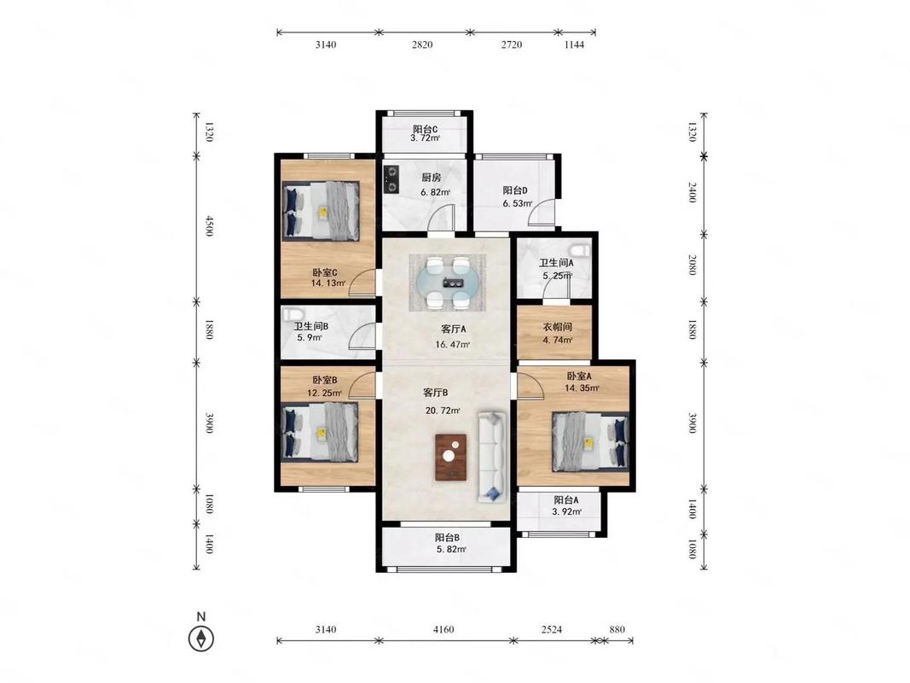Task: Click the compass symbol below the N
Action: point(201,639)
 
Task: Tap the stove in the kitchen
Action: point(391,179)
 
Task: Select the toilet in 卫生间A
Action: point(580,250)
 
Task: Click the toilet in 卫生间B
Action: point(291,315)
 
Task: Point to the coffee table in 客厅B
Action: point(451,457)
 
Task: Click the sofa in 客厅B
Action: point(492,457)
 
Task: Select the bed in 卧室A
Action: point(590,441)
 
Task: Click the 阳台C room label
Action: point(426,129)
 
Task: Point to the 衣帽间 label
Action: point(557,327)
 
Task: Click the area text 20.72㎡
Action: point(443,411)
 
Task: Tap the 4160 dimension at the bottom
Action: point(443,629)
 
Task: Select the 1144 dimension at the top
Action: point(574,44)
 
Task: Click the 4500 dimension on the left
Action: point(210,226)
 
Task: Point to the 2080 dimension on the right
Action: point(692,265)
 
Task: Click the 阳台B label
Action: point(448,538)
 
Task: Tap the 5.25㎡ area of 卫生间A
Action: point(557,276)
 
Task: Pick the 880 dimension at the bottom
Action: point(617,629)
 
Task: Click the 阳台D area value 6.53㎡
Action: point(518,203)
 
